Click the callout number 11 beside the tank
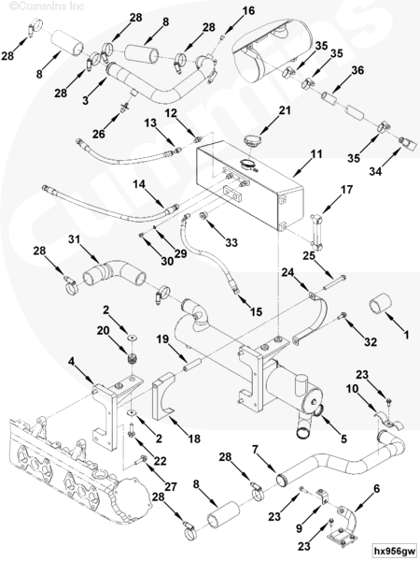coord(316,154)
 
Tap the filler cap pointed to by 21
coord(252,139)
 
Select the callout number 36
coord(357,70)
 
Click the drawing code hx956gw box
coord(394,551)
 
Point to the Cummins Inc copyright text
coord(47,7)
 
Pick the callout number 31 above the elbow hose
coord(75,238)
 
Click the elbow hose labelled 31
coord(114,274)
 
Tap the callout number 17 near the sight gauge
coord(346,190)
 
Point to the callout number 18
coord(194,439)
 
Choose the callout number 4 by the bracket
coord(72,362)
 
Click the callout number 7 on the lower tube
coord(255,450)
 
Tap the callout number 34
coord(375,171)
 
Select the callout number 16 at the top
coord(248,10)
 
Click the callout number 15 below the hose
coord(256,312)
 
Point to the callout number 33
coord(231,242)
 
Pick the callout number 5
coord(343,439)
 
